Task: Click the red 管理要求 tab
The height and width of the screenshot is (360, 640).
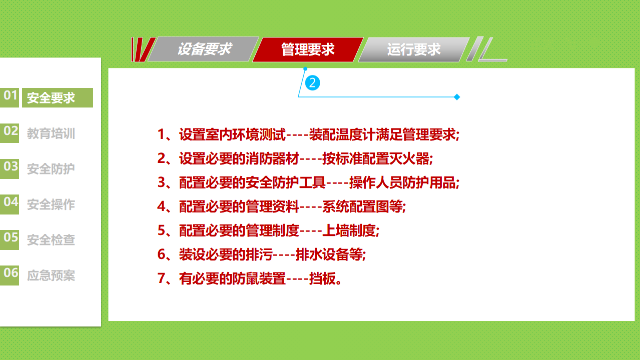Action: point(308,49)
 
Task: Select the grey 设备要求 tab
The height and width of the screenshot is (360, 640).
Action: point(204,49)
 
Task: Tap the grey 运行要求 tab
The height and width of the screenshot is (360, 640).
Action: point(414,49)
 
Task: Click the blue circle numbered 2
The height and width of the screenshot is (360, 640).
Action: point(312,83)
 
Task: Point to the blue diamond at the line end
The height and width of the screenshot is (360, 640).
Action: point(457,97)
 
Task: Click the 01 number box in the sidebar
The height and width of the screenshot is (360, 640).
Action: point(10,97)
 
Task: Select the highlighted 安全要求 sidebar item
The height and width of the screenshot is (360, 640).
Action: point(58,97)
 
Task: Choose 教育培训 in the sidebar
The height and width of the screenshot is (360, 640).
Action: point(51,133)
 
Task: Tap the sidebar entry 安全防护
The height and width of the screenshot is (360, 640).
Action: point(51,169)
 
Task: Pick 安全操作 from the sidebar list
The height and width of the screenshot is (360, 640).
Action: point(51,204)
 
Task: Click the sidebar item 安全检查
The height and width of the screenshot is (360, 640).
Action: point(51,240)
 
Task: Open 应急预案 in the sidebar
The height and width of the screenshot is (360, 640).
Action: point(51,275)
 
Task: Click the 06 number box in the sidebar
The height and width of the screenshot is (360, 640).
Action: point(10,275)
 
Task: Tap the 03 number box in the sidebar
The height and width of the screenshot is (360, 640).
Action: point(10,168)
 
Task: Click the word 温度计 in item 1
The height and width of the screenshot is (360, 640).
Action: point(355,134)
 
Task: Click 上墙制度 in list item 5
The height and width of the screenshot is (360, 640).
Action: point(349,230)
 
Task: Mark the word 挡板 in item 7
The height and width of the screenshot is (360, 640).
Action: point(322,278)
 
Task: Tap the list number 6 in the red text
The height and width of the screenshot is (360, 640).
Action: point(161,254)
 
